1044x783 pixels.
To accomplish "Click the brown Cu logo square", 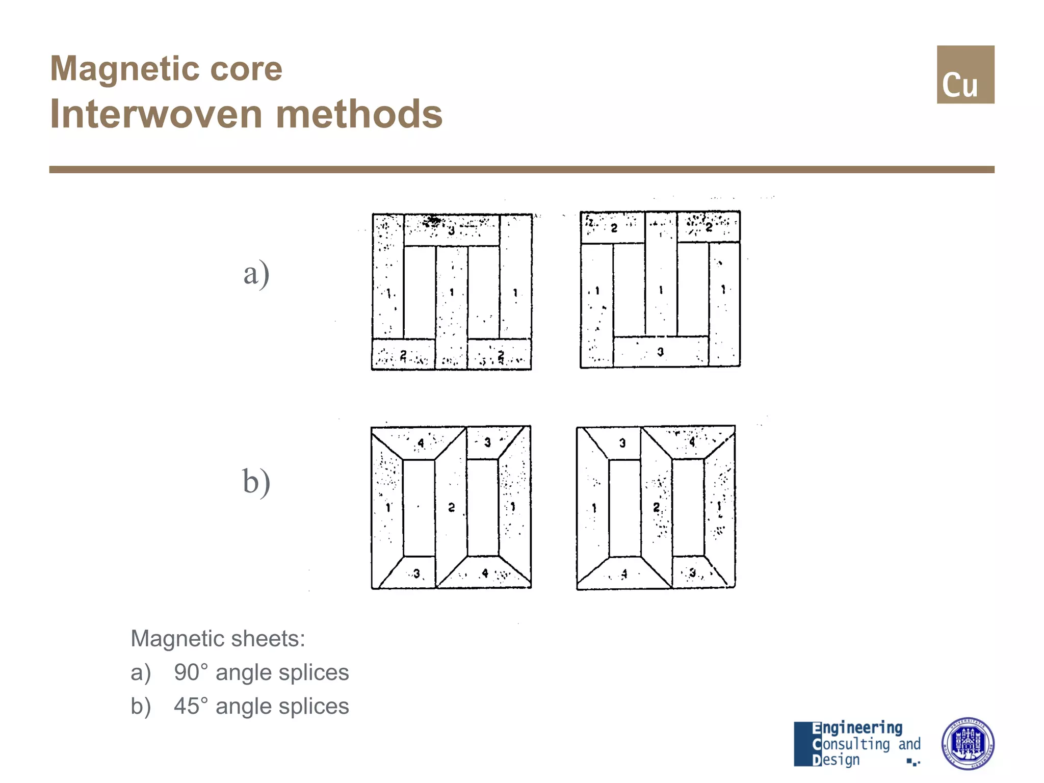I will coord(965,74).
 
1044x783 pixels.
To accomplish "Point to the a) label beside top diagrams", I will coord(256,273).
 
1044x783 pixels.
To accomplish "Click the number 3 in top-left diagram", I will coord(451,231).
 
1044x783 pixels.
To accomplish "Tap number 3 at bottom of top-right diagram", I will coord(660,352).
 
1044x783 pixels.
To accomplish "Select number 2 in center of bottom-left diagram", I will coord(451,507).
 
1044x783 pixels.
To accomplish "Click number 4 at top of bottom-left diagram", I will coord(421,443).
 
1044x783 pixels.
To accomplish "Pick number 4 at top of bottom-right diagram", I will coord(692,442).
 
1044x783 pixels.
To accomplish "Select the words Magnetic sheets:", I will coord(218,639).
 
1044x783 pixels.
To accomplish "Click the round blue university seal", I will coord(967,743).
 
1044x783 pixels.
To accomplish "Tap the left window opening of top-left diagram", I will coord(420,292).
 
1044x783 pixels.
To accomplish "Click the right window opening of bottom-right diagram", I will coord(688,507).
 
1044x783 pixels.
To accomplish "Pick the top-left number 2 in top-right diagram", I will coord(614,228).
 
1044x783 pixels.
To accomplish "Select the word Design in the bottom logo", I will coord(836,760).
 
